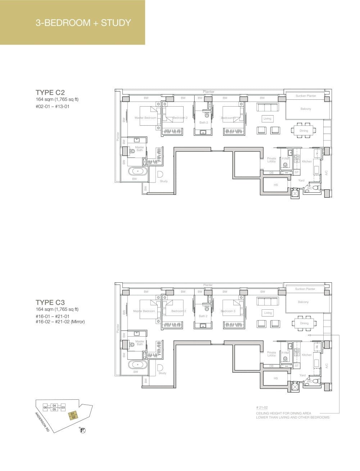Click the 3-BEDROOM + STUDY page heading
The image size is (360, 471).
pyautogui.click(x=83, y=23)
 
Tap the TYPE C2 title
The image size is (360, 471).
pyautogui.click(x=50, y=92)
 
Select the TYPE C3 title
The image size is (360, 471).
pyautogui.click(x=50, y=302)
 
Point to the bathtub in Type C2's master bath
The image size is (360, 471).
pyautogui.click(x=138, y=171)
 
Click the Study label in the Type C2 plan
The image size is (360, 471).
pyautogui.click(x=164, y=181)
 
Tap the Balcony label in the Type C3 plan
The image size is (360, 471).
pyautogui.click(x=303, y=302)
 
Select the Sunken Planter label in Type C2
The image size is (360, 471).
pyautogui.click(x=306, y=96)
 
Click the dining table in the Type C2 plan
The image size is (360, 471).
pyautogui.click(x=304, y=131)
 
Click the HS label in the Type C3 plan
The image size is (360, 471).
pyautogui.click(x=276, y=378)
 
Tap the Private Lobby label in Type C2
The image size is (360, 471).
pyautogui.click(x=271, y=160)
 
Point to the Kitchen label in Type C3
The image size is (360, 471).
pyautogui.click(x=307, y=355)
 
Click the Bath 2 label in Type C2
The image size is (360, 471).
pyautogui.click(x=203, y=122)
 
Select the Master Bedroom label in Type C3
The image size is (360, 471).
pyautogui.click(x=144, y=311)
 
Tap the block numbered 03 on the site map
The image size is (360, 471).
pyautogui.click(x=63, y=407)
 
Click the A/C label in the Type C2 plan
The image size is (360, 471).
pyautogui.click(x=326, y=173)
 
